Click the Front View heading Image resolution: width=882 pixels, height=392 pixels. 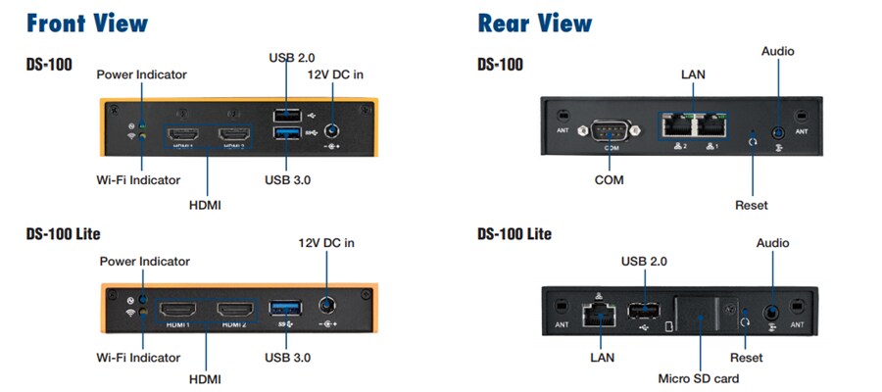87,23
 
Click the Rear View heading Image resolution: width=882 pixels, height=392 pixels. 534,23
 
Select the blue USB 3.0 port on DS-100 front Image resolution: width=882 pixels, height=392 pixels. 286,131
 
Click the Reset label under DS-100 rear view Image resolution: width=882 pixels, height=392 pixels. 751,205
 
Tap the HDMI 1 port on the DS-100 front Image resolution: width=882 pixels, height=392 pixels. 182,133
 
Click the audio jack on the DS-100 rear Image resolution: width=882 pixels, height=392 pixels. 777,130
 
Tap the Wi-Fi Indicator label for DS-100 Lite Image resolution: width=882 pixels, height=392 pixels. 142,353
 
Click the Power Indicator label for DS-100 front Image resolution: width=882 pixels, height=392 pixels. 142,74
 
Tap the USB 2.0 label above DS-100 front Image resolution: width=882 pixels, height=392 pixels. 291,58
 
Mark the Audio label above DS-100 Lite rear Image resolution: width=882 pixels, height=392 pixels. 772,243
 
